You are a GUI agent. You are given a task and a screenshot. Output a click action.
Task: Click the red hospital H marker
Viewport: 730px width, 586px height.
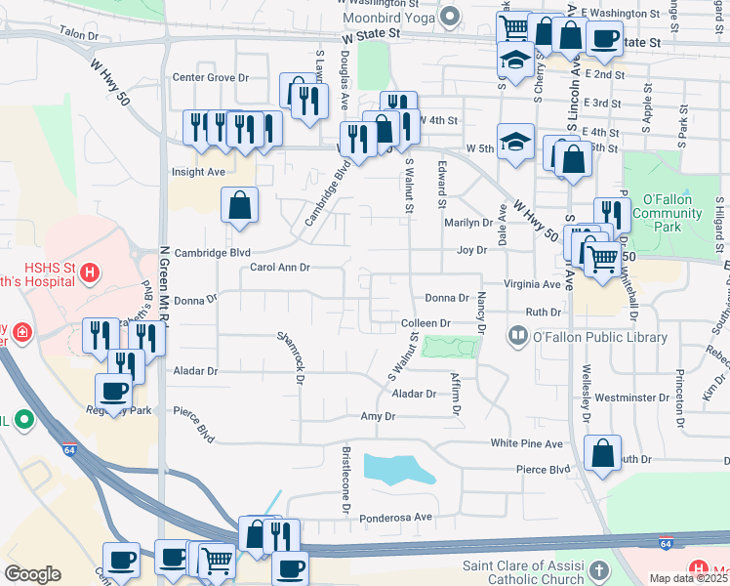click(90, 272)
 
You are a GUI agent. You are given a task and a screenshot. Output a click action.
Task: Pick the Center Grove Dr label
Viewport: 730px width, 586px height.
click(210, 77)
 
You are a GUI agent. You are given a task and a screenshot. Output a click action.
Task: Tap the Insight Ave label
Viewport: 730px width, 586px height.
click(198, 171)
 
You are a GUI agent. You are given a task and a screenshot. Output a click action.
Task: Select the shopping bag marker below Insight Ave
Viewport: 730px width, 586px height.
click(239, 205)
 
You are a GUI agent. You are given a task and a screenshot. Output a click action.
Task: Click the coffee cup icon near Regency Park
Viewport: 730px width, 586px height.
click(113, 391)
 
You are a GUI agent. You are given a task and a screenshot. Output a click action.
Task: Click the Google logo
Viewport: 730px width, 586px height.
click(32, 573)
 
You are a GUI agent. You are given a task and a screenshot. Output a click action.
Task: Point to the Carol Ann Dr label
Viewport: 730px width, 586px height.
click(279, 267)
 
